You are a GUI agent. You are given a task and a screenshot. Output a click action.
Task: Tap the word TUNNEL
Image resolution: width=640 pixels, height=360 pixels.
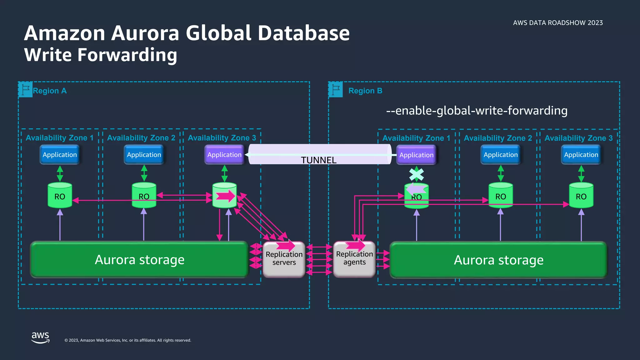(x=318, y=160)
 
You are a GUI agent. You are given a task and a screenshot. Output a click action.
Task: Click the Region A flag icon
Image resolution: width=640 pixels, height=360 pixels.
(x=26, y=90)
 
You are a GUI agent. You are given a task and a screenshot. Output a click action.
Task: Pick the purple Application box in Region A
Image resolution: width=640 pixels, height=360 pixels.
(x=224, y=155)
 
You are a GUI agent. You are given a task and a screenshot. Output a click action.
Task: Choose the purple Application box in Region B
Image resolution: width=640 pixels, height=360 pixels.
(x=416, y=155)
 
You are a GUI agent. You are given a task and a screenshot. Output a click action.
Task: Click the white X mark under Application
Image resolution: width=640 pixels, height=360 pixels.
(x=417, y=174)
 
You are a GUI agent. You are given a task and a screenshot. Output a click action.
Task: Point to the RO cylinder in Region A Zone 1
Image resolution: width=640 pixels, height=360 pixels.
(x=60, y=196)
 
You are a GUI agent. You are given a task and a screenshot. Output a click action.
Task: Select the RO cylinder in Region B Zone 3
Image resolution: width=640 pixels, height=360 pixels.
(x=581, y=196)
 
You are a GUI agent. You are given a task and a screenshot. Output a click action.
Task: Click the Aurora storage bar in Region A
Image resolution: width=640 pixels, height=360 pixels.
(x=139, y=260)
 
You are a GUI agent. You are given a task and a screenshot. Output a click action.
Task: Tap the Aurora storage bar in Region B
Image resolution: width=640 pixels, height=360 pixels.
(x=498, y=260)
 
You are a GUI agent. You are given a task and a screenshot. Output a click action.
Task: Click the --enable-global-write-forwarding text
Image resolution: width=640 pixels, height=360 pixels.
(x=477, y=111)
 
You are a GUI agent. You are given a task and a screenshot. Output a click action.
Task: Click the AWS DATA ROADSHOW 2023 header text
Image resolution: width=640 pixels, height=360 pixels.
(x=558, y=23)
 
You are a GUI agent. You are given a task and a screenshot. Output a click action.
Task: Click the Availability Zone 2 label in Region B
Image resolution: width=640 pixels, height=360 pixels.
(x=498, y=138)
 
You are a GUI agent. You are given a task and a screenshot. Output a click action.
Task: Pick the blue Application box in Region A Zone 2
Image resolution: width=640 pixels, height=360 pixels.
(x=144, y=155)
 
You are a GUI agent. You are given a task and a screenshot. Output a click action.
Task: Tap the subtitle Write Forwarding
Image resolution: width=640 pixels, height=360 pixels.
(x=101, y=55)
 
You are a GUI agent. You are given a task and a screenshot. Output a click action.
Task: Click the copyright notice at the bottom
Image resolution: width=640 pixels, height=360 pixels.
(x=127, y=340)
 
